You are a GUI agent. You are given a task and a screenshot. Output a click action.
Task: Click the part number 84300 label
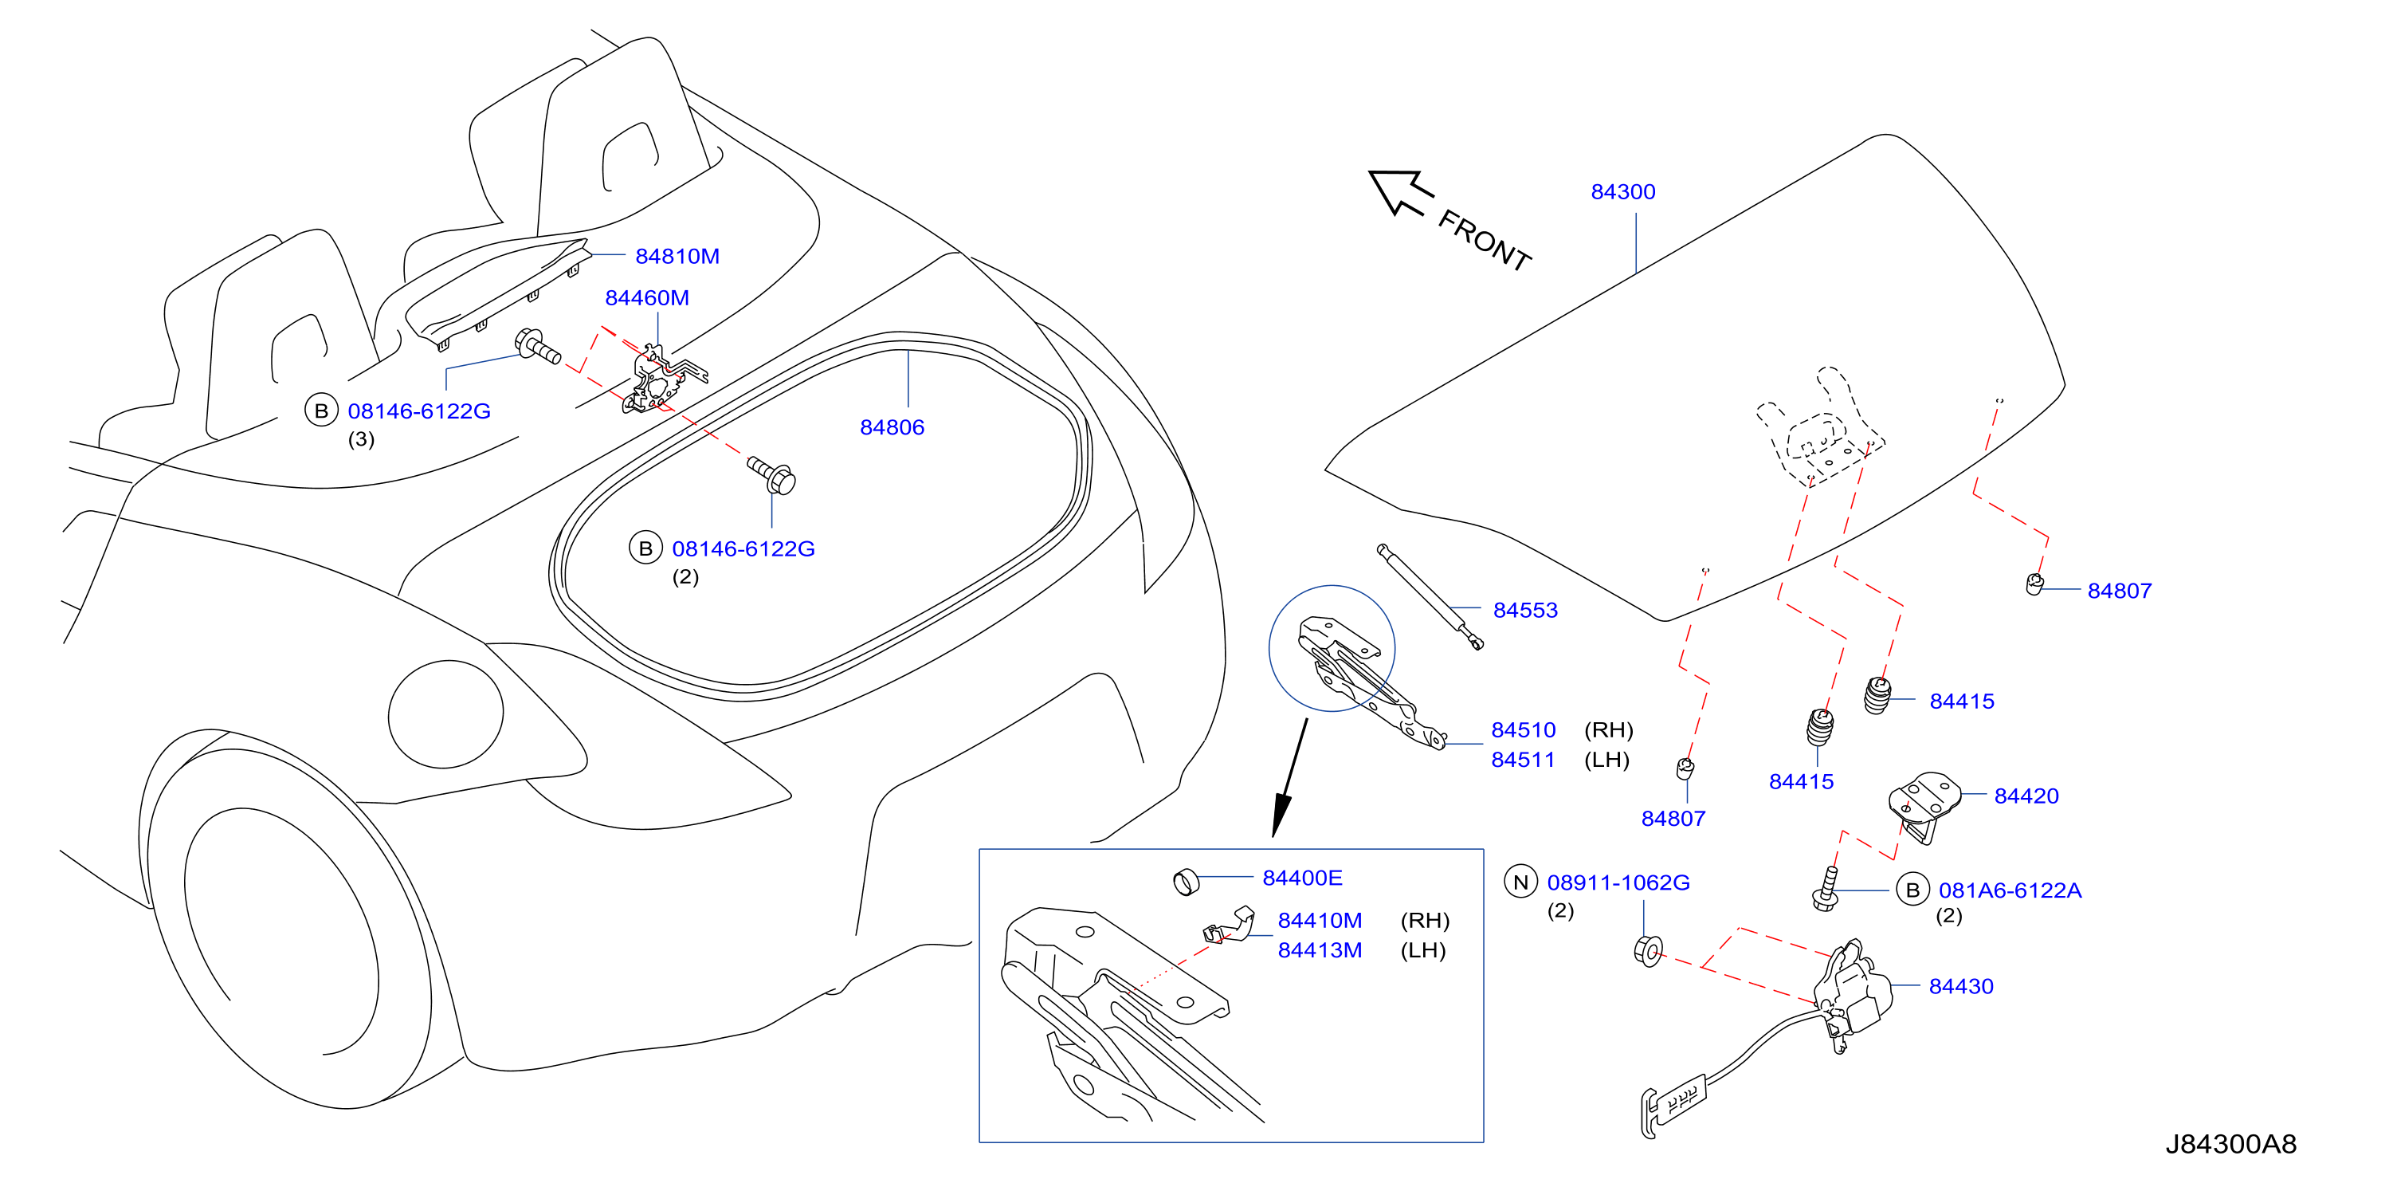pos(1622,191)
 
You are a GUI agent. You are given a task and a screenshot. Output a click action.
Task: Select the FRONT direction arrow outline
pos(1400,192)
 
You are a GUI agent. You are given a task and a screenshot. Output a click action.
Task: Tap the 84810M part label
pos(677,256)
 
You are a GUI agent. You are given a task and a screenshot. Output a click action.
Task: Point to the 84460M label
pos(646,298)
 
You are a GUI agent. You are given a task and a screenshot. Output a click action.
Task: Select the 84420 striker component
pos(1924,803)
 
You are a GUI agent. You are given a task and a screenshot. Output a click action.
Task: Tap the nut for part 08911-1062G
pos(1648,951)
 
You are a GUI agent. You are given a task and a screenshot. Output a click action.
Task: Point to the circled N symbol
pos(1520,882)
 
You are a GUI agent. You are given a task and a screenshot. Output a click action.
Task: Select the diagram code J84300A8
pos(2230,1144)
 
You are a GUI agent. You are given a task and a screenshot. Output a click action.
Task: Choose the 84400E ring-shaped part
pos(1187,882)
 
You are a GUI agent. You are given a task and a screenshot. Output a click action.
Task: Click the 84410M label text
pos(1319,921)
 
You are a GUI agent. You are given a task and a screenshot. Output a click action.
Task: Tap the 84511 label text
pos(1522,760)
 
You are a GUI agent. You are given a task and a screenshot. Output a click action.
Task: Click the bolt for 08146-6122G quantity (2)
pos(771,475)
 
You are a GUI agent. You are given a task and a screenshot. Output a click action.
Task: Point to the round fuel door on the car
pos(445,714)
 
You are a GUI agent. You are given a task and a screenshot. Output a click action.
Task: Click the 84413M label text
pos(1319,950)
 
